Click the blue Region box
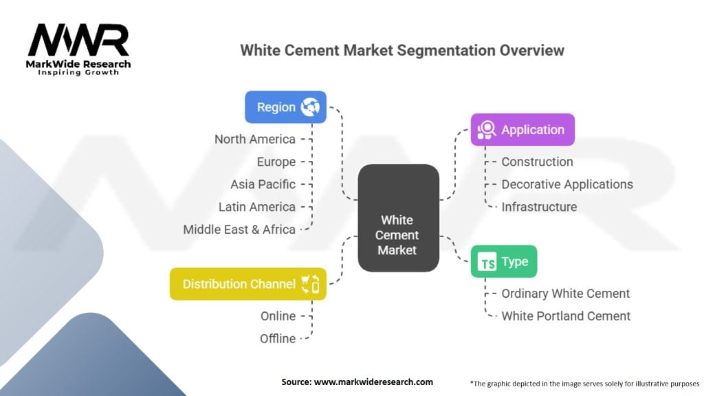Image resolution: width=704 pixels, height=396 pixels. pos(285,107)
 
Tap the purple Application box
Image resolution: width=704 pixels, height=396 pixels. pos(522,129)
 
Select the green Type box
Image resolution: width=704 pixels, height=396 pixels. pos(504,261)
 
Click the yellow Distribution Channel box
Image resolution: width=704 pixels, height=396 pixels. pos(247,284)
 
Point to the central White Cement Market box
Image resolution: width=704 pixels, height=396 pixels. pos(398,218)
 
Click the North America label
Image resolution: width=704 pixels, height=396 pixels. pos(254,139)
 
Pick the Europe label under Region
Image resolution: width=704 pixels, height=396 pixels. pos(276,162)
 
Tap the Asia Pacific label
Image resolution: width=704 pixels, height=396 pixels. pos(263,184)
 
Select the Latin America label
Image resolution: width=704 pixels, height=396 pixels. pos(257,206)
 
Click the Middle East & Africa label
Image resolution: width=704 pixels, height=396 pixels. pos(239,230)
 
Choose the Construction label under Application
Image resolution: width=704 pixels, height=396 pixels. pos(537,162)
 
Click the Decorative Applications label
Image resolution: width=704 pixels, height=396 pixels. pos(567,184)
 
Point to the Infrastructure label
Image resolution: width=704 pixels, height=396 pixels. pos(539,206)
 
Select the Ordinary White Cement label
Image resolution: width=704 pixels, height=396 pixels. pos(565,293)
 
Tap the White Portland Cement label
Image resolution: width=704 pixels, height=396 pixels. pos(566,316)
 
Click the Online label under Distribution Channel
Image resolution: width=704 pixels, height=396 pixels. pos(278,316)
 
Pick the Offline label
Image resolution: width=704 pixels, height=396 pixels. pos(278,338)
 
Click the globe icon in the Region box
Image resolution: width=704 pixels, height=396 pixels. pos(310,107)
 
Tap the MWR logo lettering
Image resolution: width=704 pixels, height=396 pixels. pos(78,40)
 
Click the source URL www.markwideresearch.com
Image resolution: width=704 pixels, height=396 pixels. pos(373,382)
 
